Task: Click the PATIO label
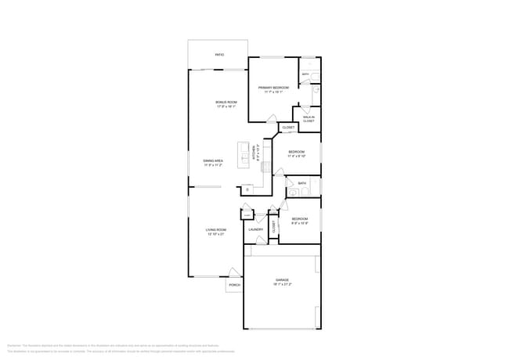219,55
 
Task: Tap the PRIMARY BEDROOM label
274,88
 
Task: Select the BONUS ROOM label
226,103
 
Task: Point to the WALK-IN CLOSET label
309,119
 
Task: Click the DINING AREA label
214,162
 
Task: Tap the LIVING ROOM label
215,231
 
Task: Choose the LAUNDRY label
256,229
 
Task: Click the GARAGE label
282,281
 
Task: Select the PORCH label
233,286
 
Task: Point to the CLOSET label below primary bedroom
288,127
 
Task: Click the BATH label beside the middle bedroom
301,183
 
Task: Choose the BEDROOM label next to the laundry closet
300,220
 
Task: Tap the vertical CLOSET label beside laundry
274,228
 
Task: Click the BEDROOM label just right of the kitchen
297,153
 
